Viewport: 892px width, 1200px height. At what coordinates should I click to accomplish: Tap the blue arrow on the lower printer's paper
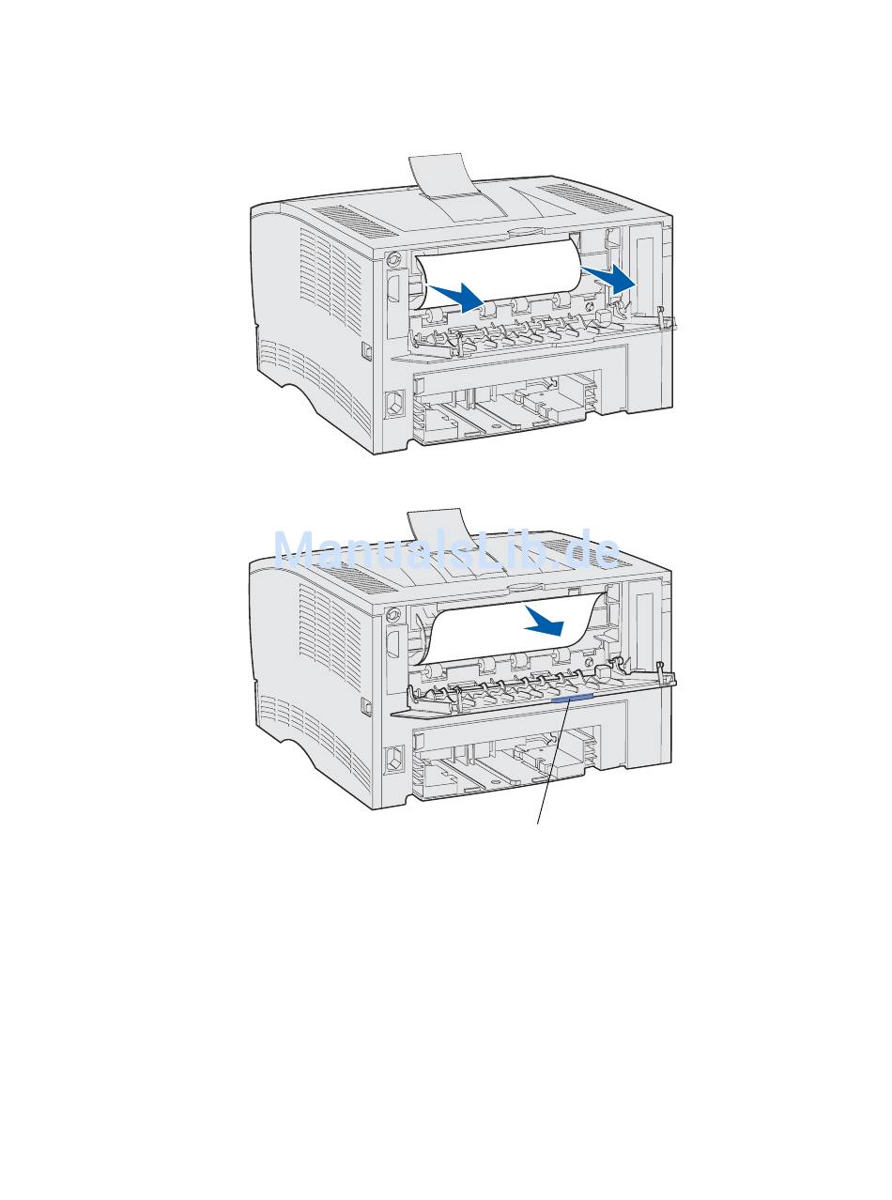click(x=546, y=621)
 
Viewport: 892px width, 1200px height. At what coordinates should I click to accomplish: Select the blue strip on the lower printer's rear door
click(x=573, y=699)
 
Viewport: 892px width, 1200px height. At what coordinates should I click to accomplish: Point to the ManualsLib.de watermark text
click(x=447, y=550)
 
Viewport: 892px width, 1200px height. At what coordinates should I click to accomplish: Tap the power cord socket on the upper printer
click(x=394, y=404)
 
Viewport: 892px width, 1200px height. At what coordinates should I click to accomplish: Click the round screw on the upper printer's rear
click(x=393, y=259)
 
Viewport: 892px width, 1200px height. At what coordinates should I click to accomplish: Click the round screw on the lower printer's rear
click(x=393, y=615)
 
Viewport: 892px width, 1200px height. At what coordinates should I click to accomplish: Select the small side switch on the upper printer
click(x=366, y=351)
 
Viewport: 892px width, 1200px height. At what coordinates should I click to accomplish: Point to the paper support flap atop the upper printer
click(x=454, y=187)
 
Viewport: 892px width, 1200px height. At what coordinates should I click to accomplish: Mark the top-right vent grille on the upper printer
click(x=586, y=197)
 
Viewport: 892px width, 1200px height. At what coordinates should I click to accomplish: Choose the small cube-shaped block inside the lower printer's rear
click(x=603, y=671)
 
